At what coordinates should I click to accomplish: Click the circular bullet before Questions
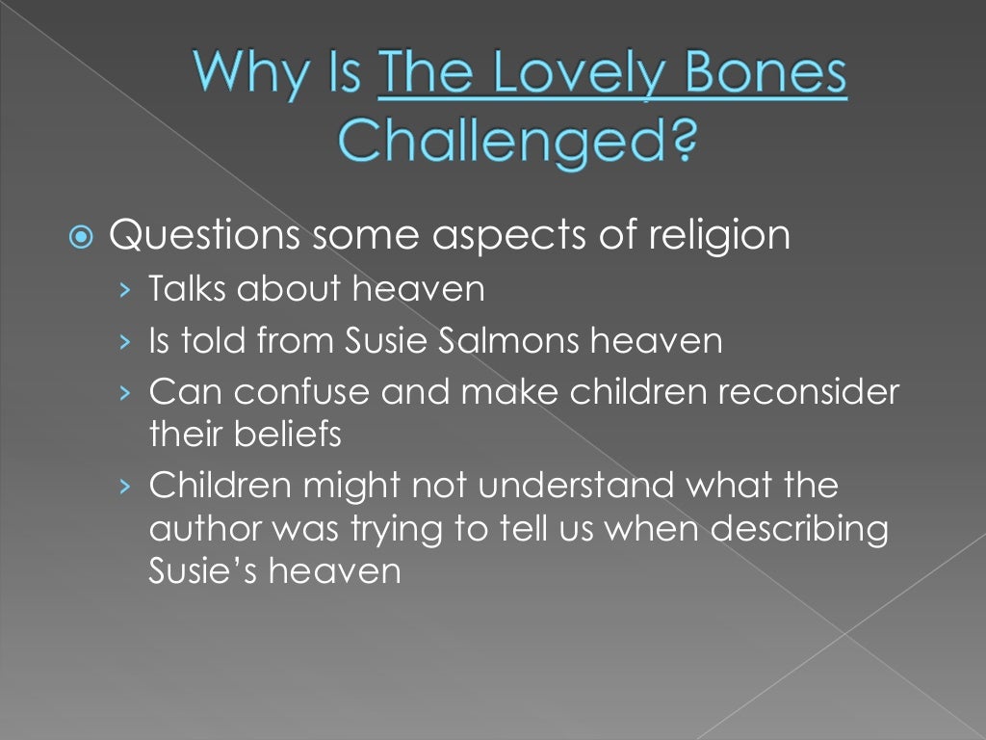click(84, 237)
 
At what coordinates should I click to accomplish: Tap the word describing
click(810, 529)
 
